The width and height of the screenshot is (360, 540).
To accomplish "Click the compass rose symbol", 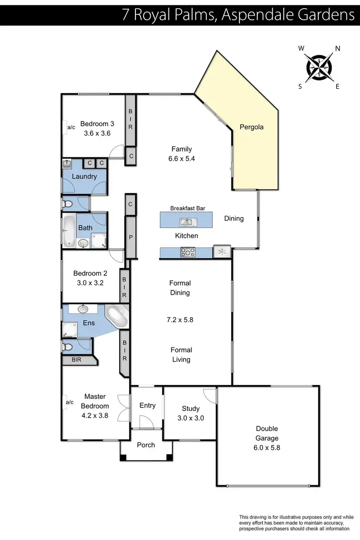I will pyautogui.click(x=319, y=67).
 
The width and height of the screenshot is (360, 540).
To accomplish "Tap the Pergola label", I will pyautogui.click(x=252, y=127).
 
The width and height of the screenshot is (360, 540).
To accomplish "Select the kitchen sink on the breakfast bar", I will pyautogui.click(x=186, y=222).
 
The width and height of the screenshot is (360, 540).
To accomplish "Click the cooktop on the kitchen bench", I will pyautogui.click(x=187, y=252).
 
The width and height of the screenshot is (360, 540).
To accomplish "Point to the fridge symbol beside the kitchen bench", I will pyautogui.click(x=222, y=252).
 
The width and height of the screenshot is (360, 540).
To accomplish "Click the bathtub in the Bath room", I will pyautogui.click(x=69, y=231).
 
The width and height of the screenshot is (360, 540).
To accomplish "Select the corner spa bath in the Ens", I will pyautogui.click(x=117, y=316).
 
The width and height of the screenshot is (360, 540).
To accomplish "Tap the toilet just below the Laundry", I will pyautogui.click(x=68, y=204).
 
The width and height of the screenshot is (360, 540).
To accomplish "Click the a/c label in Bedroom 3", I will pyautogui.click(x=71, y=127).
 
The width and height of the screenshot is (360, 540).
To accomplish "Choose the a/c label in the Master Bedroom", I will pyautogui.click(x=69, y=402).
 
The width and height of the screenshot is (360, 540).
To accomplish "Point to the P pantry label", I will pyautogui.click(x=130, y=237).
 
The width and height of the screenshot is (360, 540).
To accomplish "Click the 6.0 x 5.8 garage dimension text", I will pyautogui.click(x=267, y=447).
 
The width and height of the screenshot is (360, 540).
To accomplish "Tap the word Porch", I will pyautogui.click(x=146, y=445).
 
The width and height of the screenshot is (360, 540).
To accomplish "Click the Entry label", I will pyautogui.click(x=147, y=406).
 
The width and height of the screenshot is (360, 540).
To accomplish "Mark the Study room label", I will pyautogui.click(x=191, y=408).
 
